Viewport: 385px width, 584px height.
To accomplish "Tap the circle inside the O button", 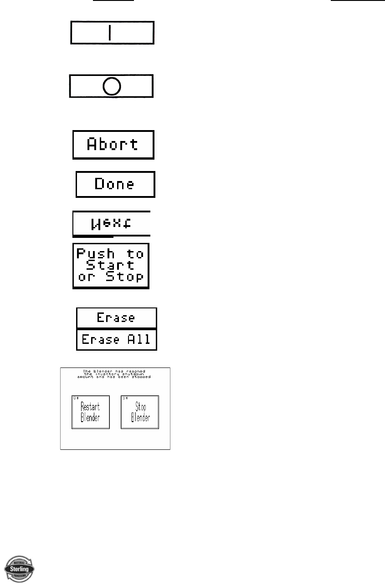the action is tap(112, 86).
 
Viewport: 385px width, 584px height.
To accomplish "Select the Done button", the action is tap(115, 184).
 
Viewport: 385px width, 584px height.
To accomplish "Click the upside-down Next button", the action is tap(112, 223).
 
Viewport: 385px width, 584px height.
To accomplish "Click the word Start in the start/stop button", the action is tap(110, 265).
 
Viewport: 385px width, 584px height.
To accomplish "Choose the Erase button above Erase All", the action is tap(116, 317).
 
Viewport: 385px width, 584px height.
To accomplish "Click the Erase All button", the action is tap(116, 339).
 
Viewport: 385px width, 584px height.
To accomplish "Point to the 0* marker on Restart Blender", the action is tap(75, 398).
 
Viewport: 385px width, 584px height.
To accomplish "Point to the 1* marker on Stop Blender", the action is tap(124, 398).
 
